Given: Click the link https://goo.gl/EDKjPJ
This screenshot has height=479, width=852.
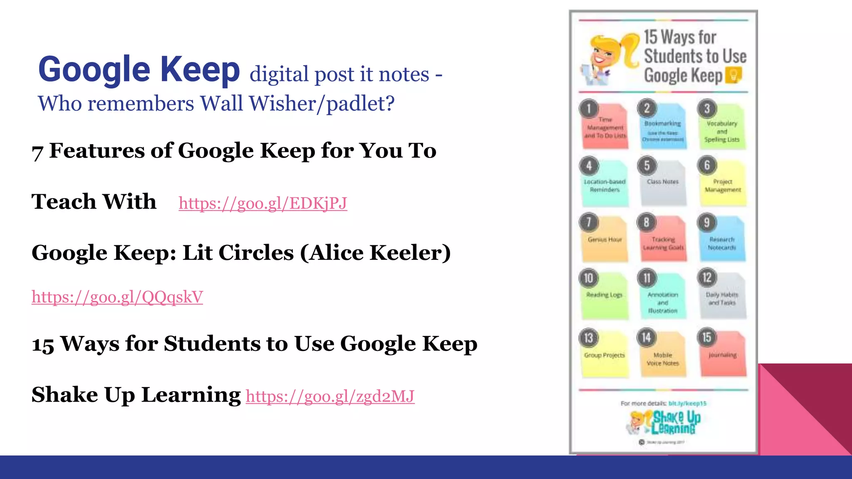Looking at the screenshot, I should (263, 203).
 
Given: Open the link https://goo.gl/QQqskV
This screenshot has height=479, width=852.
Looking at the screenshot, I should (117, 297).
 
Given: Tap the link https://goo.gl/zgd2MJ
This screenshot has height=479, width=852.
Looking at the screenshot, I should (330, 396).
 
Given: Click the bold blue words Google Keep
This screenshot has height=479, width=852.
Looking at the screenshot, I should (139, 69).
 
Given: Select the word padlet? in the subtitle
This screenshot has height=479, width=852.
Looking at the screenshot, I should (360, 104).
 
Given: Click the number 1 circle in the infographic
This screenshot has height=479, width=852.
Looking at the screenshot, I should (589, 109).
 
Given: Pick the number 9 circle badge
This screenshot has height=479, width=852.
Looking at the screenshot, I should (707, 222).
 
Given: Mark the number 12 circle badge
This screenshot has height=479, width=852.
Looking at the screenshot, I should (707, 278).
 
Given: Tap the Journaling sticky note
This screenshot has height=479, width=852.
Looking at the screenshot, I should (723, 356).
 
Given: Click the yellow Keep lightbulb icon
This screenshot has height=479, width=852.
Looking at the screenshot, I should (733, 75).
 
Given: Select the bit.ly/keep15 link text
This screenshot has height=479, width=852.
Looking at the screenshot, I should (687, 403).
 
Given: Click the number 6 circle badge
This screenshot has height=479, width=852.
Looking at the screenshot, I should (707, 165).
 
